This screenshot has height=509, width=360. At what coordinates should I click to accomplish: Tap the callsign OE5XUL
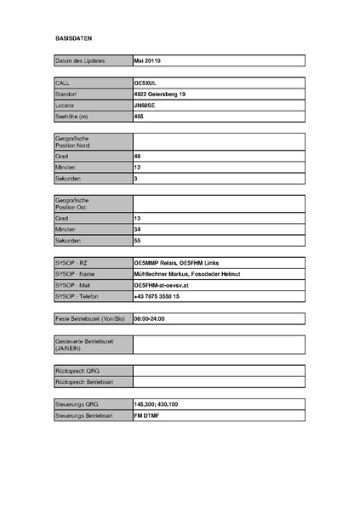pyautogui.click(x=146, y=83)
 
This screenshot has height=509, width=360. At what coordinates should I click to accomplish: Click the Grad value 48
pyautogui.click(x=137, y=157)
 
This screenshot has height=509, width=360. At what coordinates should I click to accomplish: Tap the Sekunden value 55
pyautogui.click(x=137, y=241)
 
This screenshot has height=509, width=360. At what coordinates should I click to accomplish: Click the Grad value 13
pyautogui.click(x=137, y=219)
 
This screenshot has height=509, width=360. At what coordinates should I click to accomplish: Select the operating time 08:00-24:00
pyautogui.click(x=149, y=318)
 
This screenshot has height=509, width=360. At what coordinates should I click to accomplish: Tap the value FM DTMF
pyautogui.click(x=147, y=415)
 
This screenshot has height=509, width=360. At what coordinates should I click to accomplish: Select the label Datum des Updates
pyautogui.click(x=81, y=61)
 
